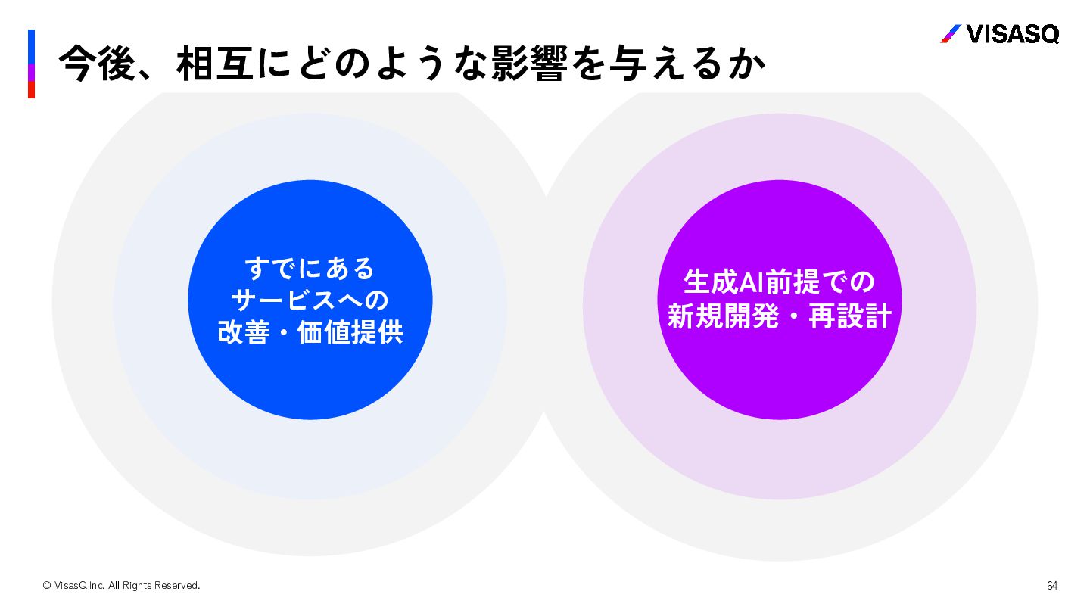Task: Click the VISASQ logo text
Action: pos(1013,34)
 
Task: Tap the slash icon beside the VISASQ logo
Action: pos(951,34)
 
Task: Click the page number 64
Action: pos(1052,586)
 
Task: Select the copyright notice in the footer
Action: pos(121,586)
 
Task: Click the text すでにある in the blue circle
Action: pos(310,269)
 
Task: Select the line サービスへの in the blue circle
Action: pos(310,300)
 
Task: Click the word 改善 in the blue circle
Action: pos(244,333)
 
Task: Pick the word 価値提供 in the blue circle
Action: pos(350,333)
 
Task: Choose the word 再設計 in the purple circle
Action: pos(850,316)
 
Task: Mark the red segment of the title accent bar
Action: pos(32,90)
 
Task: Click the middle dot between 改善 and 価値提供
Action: pos(284,334)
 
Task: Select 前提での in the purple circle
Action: pos(821,282)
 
